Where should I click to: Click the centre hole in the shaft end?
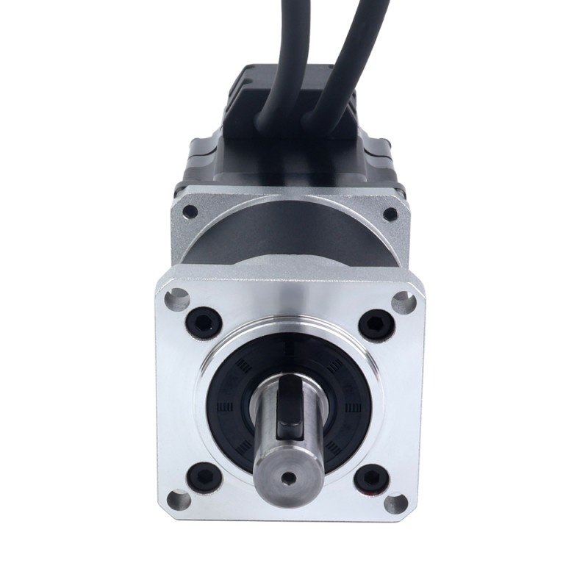(289, 478)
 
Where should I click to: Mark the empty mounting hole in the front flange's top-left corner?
(176, 297)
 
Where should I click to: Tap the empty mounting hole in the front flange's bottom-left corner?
(177, 502)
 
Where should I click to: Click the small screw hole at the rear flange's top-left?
(190, 211)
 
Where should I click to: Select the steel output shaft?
(287, 448)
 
